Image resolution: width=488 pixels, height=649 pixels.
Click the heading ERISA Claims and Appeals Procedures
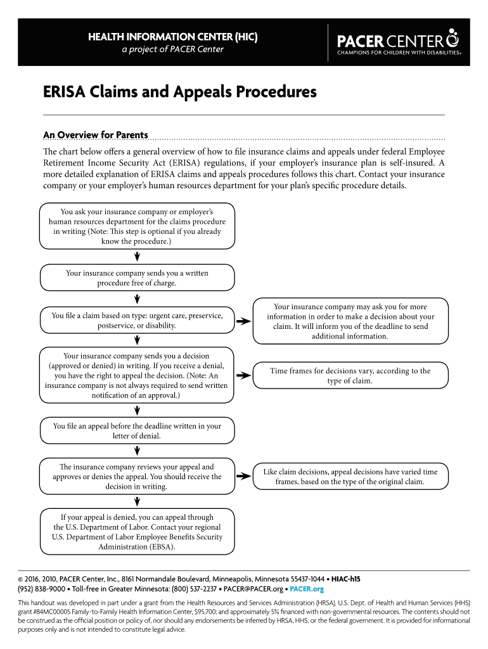(179, 93)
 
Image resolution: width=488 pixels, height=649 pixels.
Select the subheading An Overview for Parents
(95, 135)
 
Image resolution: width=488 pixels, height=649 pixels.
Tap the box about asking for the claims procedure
(137, 226)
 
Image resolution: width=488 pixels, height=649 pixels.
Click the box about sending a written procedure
(137, 278)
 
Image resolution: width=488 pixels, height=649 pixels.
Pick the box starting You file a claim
(137, 320)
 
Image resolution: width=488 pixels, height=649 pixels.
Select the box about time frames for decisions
(350, 375)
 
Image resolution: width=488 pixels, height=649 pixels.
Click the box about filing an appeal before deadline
(137, 431)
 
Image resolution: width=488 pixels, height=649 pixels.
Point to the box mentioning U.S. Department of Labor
(137, 532)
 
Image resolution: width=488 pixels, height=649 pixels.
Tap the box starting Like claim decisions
(350, 477)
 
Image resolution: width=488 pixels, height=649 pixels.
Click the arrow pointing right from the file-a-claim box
(243, 321)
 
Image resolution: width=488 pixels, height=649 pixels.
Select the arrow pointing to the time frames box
(243, 376)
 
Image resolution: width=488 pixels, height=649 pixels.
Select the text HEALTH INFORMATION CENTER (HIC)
(172, 38)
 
